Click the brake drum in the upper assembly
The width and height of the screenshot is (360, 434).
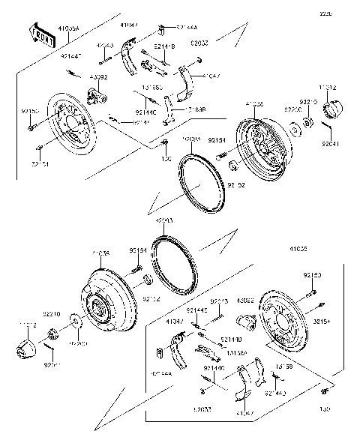259,142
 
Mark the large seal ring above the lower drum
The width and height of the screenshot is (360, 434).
173,263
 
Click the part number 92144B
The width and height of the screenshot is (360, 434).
164,46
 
